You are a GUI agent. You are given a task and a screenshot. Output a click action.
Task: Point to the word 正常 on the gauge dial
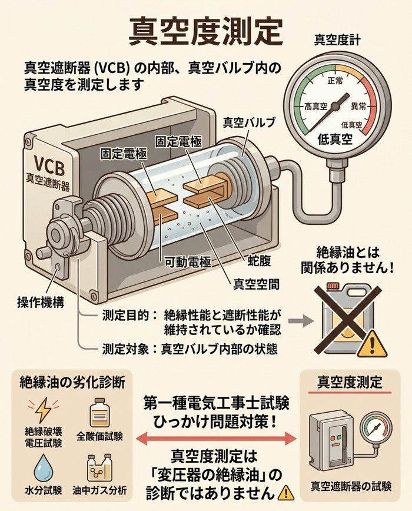[334, 80]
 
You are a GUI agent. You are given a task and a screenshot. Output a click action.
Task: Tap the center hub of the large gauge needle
[335, 106]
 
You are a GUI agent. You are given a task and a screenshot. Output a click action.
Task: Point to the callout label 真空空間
[256, 284]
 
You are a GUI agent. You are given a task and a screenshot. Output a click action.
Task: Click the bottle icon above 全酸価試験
[99, 412]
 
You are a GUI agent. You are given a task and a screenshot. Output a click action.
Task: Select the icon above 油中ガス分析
[99, 468]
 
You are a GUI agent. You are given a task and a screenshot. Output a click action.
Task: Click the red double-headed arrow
[215, 439]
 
